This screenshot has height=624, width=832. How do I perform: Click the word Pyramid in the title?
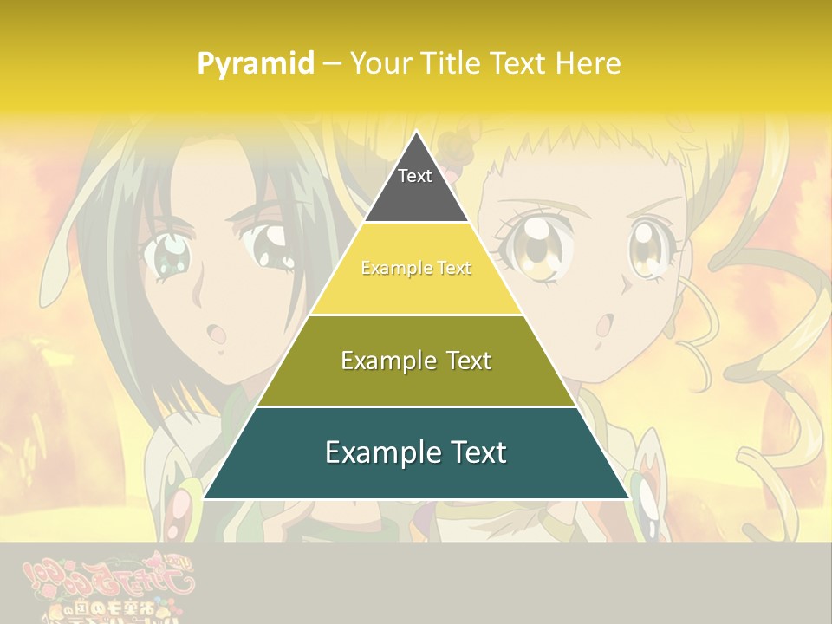[x=256, y=64]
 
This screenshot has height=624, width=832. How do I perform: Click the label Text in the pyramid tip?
[x=415, y=176]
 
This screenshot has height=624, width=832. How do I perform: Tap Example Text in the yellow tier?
[x=416, y=269]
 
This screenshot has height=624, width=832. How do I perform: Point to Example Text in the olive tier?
[x=416, y=361]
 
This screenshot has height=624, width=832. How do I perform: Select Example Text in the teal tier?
[x=416, y=452]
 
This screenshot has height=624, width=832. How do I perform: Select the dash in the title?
[x=332, y=64]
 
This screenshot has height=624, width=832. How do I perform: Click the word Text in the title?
[x=518, y=64]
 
